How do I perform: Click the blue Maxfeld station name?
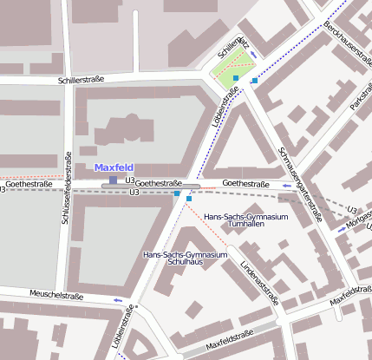tap(114, 167)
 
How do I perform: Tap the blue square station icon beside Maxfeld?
tap(113, 180)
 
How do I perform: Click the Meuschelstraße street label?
tap(55, 296)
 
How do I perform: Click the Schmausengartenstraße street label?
tap(300, 178)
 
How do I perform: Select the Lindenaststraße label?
tap(258, 278)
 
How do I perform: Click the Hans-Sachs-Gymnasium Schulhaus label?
tap(185, 258)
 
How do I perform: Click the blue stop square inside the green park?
tap(236, 78)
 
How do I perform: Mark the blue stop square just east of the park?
tap(255, 81)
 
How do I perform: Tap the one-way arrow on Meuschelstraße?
tap(118, 300)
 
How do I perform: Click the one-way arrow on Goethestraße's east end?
tap(286, 186)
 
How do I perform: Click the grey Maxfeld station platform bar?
tap(151, 186)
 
